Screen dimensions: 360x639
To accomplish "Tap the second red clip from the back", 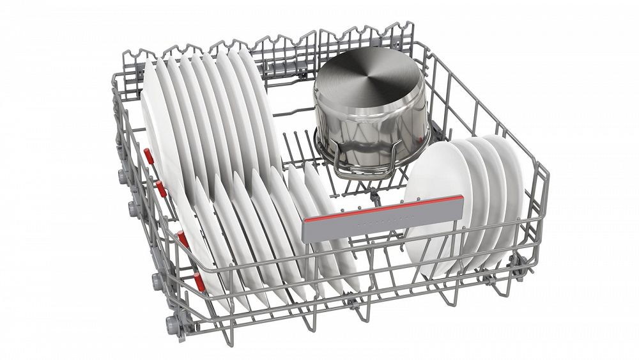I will coord(160,187).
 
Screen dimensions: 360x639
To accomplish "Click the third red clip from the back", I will coord(182,238).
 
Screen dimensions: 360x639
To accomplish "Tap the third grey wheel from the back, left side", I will coord(156,281).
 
